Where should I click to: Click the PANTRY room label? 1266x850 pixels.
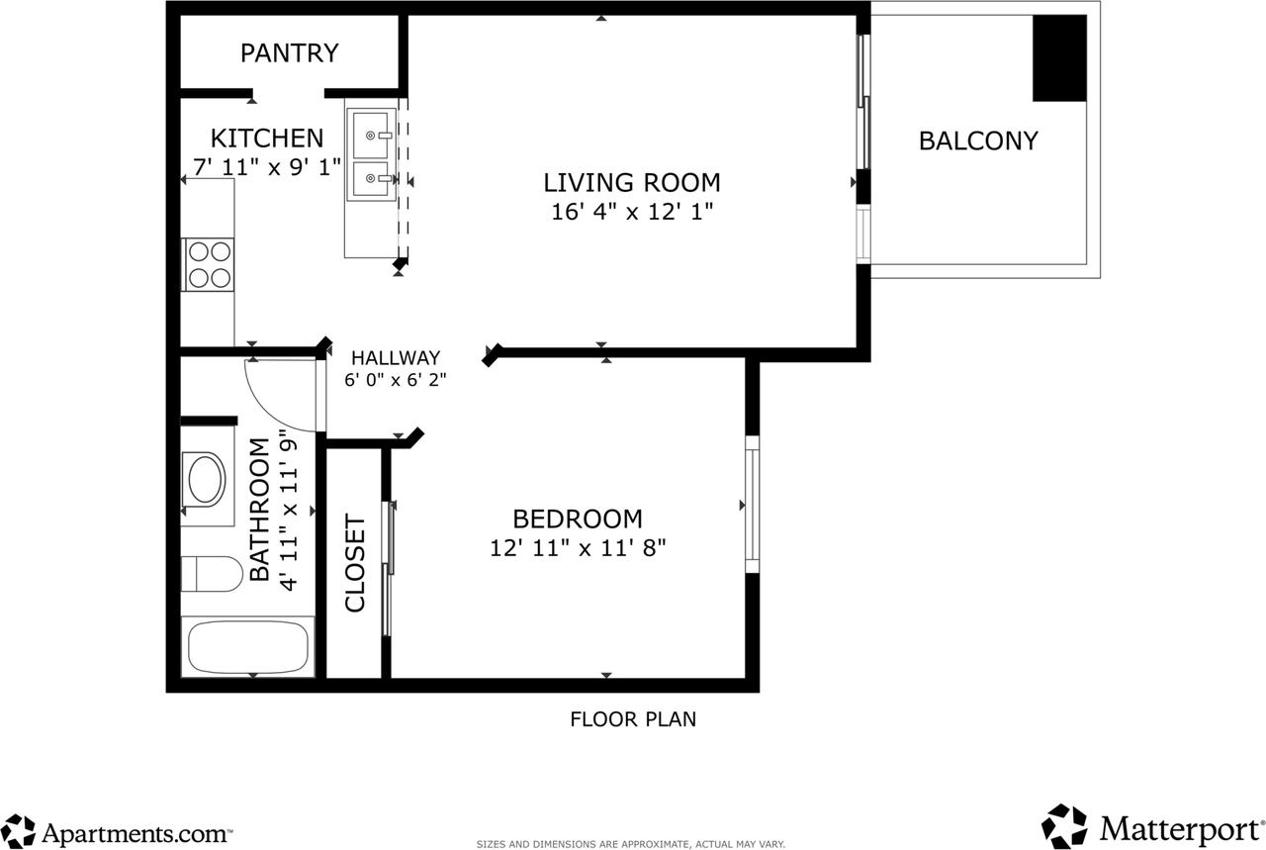pyautogui.click(x=290, y=53)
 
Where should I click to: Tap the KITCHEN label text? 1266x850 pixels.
pyautogui.click(x=267, y=138)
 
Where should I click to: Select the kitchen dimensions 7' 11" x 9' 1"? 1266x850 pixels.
pyautogui.click(x=267, y=167)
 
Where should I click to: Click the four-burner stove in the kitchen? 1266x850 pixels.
pyautogui.click(x=208, y=264)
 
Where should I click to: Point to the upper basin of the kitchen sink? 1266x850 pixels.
pyautogui.click(x=371, y=135)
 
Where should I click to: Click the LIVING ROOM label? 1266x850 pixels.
pyautogui.click(x=632, y=183)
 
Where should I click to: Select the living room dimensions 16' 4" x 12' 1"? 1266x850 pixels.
pyautogui.click(x=632, y=212)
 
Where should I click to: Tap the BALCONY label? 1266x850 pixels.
pyautogui.click(x=978, y=141)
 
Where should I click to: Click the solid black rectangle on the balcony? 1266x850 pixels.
pyautogui.click(x=1059, y=58)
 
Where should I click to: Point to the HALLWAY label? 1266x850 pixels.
pyautogui.click(x=396, y=358)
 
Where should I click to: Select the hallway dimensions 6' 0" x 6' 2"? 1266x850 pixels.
pyautogui.click(x=396, y=379)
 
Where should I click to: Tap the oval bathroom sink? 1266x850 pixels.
pyautogui.click(x=205, y=480)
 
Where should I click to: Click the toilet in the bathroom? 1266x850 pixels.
pyautogui.click(x=212, y=574)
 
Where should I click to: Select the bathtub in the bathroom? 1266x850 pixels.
pyautogui.click(x=248, y=646)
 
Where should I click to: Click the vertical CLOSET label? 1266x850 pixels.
pyautogui.click(x=355, y=563)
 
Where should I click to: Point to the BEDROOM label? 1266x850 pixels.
pyautogui.click(x=578, y=519)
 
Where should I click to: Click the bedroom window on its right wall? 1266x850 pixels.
pyautogui.click(x=753, y=505)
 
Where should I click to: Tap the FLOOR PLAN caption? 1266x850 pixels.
pyautogui.click(x=633, y=719)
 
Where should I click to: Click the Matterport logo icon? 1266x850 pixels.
pyautogui.click(x=1065, y=826)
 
